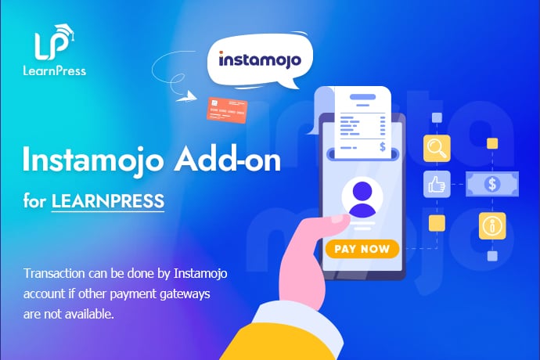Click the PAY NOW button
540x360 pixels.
pyautogui.click(x=361, y=250)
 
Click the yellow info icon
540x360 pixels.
pyautogui.click(x=492, y=225)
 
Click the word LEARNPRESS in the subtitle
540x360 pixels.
pyautogui.click(x=108, y=200)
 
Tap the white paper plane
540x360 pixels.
pyautogui.click(x=185, y=99)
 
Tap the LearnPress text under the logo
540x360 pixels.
pyautogui.click(x=56, y=70)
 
